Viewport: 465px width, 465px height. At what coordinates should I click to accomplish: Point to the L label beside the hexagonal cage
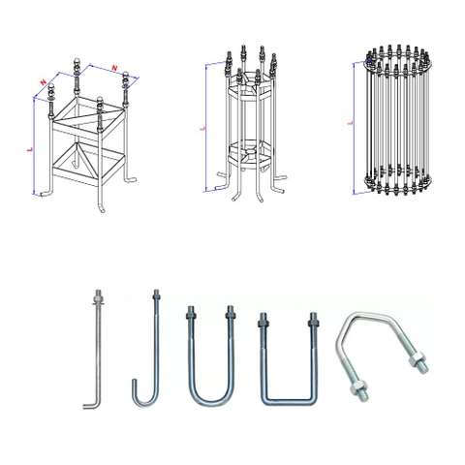(200, 127)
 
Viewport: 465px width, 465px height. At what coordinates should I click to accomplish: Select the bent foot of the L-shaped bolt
(88, 405)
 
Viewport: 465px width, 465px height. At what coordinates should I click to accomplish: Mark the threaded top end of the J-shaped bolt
(154, 295)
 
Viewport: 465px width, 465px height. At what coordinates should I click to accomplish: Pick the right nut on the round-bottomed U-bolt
(232, 318)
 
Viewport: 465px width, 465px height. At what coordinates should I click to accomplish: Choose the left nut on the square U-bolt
(263, 324)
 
